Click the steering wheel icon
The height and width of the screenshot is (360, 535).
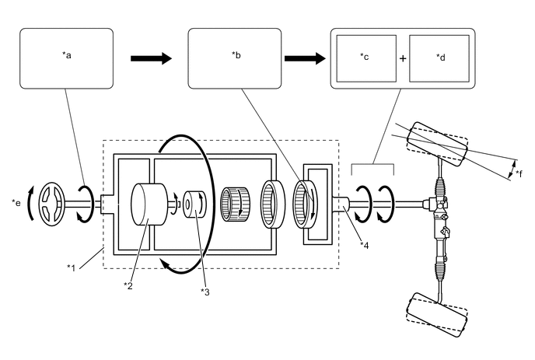(52, 204)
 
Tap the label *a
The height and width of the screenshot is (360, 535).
(67, 55)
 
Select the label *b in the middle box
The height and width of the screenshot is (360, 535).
(236, 54)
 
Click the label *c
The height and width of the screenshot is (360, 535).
(365, 57)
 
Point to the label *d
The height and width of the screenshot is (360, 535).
(440, 57)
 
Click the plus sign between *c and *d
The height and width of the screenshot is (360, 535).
(403, 58)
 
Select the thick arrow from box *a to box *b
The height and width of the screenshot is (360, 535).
(151, 58)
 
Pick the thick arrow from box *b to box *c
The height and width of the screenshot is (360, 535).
(305, 58)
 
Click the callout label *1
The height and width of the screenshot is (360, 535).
(71, 268)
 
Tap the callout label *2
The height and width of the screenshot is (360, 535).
(128, 285)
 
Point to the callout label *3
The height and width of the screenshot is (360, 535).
(205, 292)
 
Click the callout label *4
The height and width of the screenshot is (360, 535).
(364, 246)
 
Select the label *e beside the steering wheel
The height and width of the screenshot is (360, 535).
(16, 203)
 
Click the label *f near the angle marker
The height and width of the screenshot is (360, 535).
(519, 173)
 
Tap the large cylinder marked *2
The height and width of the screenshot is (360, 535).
(149, 204)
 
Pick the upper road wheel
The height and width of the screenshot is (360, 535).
(437, 145)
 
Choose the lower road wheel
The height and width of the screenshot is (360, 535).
(436, 315)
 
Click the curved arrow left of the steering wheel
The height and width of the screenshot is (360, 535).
(30, 204)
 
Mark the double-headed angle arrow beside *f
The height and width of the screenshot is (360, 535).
(512, 170)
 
